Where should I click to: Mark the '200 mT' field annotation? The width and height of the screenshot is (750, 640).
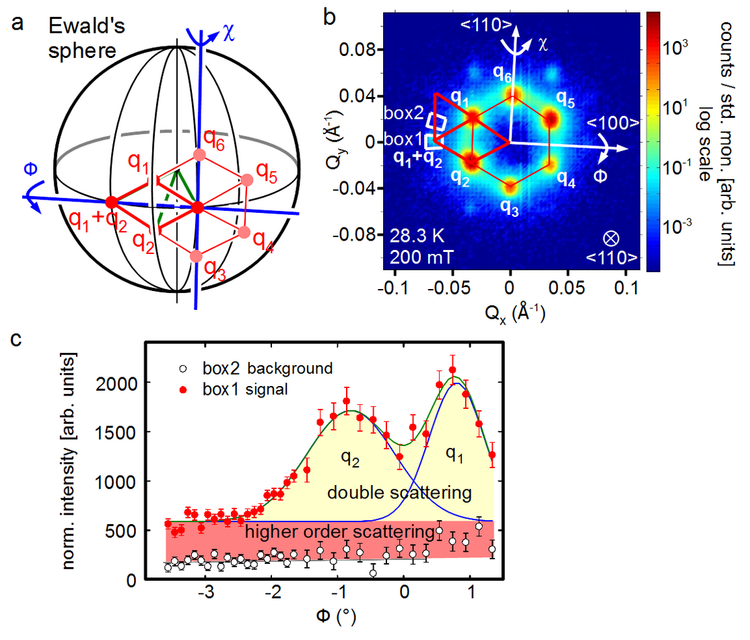[415, 255]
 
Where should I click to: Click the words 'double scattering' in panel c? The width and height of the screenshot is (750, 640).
[399, 493]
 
